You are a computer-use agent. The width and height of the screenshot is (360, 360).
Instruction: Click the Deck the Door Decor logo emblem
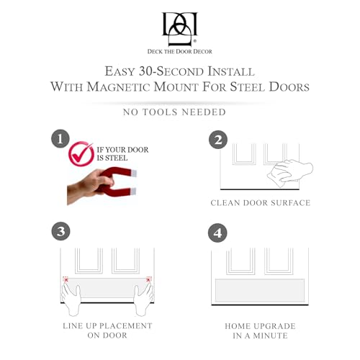click(x=180, y=29)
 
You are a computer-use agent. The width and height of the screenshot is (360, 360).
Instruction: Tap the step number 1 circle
click(x=60, y=139)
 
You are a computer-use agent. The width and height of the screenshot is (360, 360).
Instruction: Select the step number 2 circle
click(x=218, y=140)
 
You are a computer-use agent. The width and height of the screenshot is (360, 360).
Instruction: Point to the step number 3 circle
click(x=61, y=231)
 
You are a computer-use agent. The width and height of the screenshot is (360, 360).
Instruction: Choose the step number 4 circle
click(x=217, y=233)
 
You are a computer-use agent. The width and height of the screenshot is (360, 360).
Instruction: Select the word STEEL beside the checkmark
click(x=117, y=158)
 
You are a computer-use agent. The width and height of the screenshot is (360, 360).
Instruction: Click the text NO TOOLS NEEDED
click(x=174, y=112)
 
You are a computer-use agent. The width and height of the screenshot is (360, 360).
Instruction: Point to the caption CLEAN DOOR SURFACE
click(x=261, y=203)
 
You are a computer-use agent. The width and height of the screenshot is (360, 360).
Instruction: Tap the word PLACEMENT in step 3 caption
click(x=126, y=325)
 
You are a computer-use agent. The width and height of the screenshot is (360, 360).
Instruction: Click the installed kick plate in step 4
click(x=260, y=290)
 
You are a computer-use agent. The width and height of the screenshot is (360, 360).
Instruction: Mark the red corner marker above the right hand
click(x=149, y=279)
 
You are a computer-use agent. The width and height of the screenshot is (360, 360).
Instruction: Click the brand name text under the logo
click(x=180, y=52)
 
